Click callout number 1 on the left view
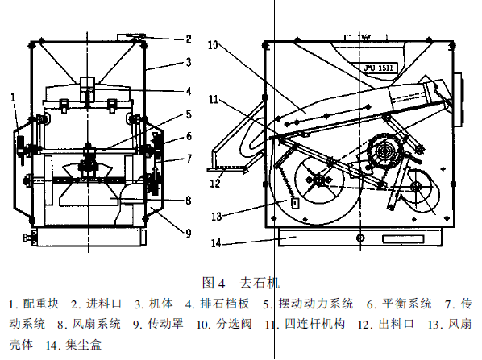click(x=15, y=97)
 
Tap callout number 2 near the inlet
click(x=188, y=39)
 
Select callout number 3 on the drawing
click(x=188, y=62)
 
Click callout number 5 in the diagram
click(x=188, y=115)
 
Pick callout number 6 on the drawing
click(x=188, y=137)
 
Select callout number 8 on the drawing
click(x=188, y=201)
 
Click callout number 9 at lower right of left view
click(x=188, y=234)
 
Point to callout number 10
click(x=213, y=46)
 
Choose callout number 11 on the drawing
click(x=213, y=99)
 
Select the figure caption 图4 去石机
click(x=241, y=282)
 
